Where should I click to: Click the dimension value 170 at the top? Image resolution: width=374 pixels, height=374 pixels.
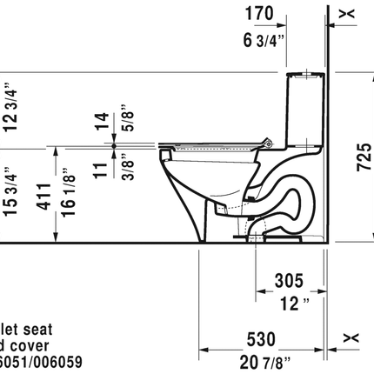(x=259, y=14)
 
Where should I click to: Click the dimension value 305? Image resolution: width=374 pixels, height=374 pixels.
(x=288, y=280)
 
